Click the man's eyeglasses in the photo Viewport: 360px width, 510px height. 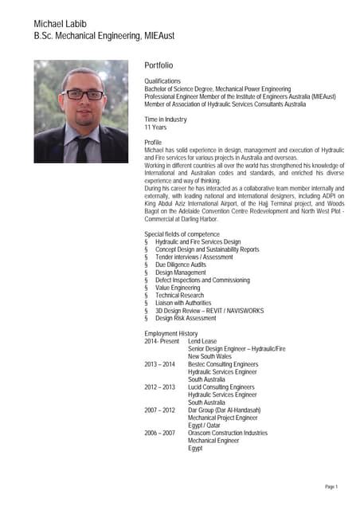[82, 94]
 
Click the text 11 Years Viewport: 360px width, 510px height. [155, 127]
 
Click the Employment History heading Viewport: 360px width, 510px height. [170, 333]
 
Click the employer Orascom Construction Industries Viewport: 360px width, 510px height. [228, 433]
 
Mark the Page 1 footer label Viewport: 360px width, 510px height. [331, 486]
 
